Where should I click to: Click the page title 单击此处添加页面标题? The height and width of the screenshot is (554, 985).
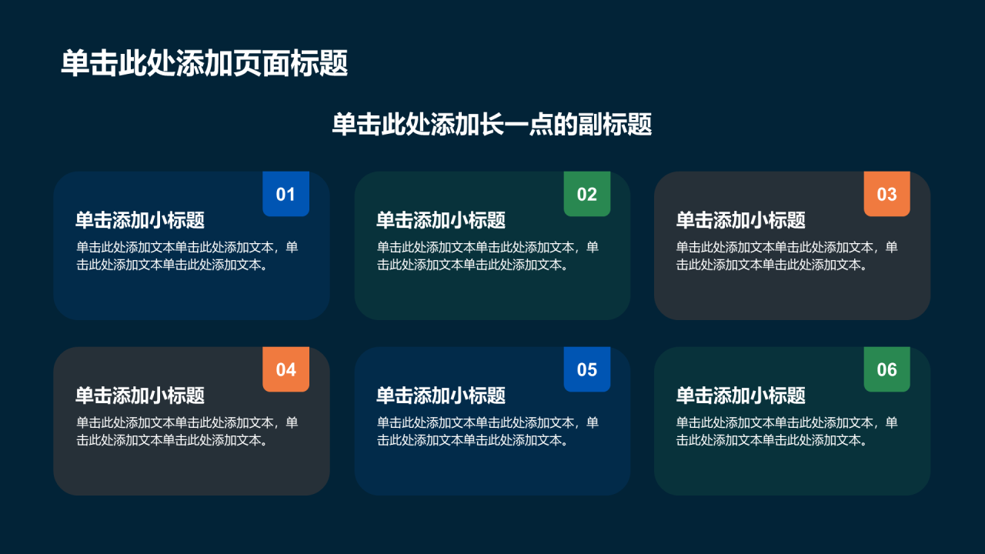click(x=205, y=63)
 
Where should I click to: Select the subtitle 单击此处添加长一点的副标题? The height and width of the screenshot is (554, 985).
click(x=492, y=124)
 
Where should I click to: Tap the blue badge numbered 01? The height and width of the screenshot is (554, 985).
click(x=285, y=193)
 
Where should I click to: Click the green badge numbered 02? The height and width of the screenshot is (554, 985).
click(x=587, y=193)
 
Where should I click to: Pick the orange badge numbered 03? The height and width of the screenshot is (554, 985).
click(x=887, y=193)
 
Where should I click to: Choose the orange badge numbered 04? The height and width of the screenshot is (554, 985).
click(x=285, y=369)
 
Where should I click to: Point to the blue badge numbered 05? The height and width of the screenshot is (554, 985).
click(x=587, y=369)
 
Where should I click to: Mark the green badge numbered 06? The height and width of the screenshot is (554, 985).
click(x=887, y=369)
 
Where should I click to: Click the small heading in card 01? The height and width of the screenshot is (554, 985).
click(x=140, y=220)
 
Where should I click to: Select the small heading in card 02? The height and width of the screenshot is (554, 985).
click(x=441, y=220)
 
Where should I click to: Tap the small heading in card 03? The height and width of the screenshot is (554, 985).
click(x=740, y=220)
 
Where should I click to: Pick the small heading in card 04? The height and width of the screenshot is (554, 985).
click(x=140, y=395)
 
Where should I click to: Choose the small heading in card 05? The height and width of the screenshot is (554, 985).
click(x=441, y=395)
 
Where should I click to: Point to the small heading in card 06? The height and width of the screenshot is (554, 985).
click(x=740, y=395)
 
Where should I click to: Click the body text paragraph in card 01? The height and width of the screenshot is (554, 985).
click(x=187, y=256)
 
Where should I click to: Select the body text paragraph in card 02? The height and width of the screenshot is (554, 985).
click(x=488, y=256)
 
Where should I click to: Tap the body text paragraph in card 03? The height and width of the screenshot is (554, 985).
click(x=787, y=256)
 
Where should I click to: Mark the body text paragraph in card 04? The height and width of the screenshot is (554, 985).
click(x=187, y=432)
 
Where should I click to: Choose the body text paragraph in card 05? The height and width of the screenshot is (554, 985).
click(x=488, y=432)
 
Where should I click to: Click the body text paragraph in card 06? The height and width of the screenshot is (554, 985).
click(x=787, y=432)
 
